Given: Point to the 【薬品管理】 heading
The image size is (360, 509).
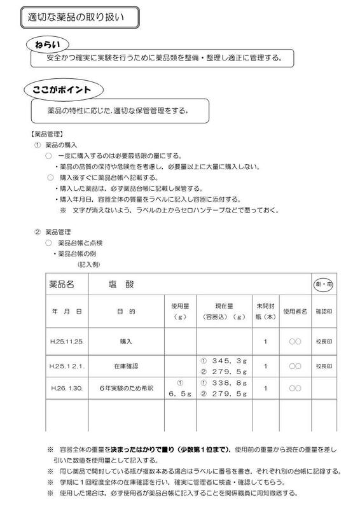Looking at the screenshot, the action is click(x=46, y=135).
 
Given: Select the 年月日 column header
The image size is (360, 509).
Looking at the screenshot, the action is click(x=62, y=312).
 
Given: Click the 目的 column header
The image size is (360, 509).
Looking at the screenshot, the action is click(x=125, y=312).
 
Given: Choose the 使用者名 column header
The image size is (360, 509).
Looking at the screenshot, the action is click(x=295, y=312).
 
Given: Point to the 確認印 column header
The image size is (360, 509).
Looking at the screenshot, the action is click(x=324, y=312).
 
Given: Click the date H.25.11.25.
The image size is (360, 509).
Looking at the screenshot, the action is click(x=62, y=342).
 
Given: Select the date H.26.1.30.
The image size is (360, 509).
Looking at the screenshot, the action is click(x=62, y=387).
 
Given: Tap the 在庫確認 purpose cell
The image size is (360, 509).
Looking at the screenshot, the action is click(x=126, y=366).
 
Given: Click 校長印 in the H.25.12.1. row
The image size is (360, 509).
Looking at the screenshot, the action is click(x=324, y=366).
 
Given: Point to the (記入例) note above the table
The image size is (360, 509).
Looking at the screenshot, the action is click(x=89, y=263).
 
